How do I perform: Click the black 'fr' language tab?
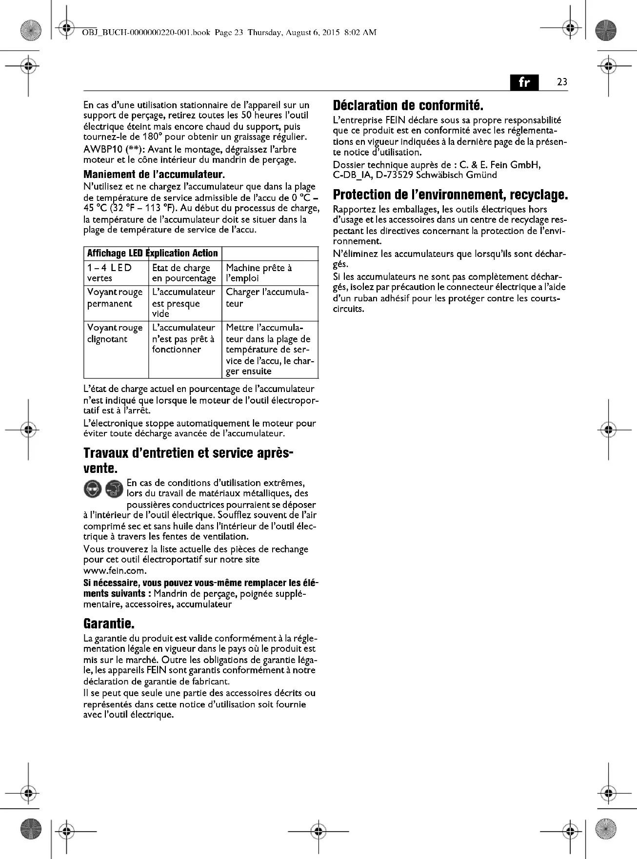tap(524, 82)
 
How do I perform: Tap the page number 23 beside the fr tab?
tap(562, 82)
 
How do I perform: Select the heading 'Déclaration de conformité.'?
tap(408, 105)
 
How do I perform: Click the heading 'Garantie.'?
tap(109, 624)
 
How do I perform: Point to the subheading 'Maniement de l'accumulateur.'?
tap(154, 175)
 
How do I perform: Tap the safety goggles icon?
tap(93, 488)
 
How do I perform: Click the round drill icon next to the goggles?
tap(115, 488)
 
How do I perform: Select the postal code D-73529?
tap(394, 175)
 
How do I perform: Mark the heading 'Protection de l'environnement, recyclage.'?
tap(450, 195)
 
